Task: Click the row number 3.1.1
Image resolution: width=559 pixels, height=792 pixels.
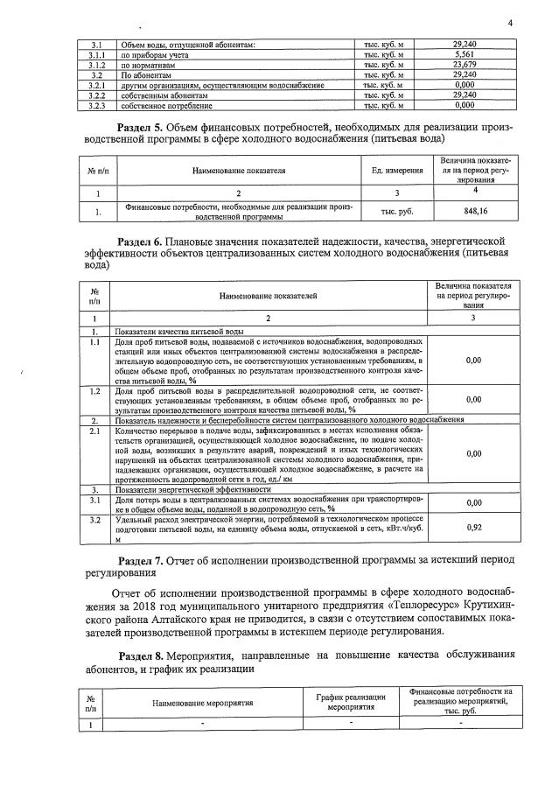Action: coord(97,54)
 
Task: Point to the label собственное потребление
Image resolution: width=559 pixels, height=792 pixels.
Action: coord(166,106)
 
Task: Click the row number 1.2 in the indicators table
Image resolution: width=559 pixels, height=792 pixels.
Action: coord(95,391)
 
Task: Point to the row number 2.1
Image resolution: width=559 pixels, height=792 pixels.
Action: coord(95,431)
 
